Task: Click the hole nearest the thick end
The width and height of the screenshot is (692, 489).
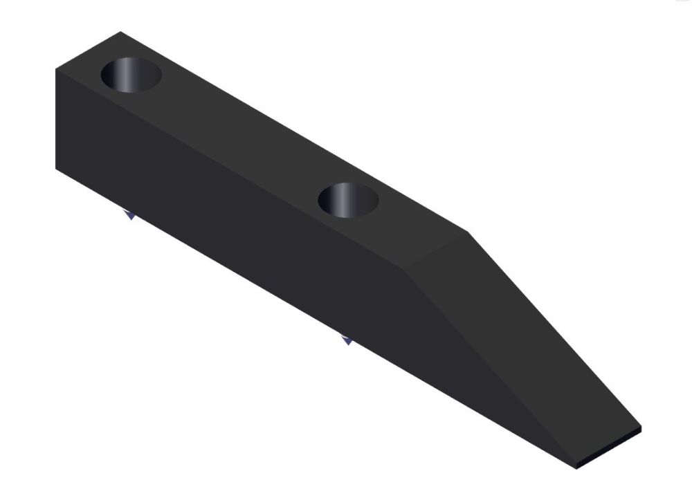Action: pos(131,75)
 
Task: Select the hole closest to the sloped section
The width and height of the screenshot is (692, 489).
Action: pos(348,199)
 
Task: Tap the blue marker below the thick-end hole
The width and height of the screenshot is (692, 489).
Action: pos(129,216)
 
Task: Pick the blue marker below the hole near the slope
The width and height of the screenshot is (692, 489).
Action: pos(347,340)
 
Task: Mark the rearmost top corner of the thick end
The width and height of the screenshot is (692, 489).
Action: pos(120,32)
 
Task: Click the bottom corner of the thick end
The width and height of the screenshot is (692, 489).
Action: pos(57,168)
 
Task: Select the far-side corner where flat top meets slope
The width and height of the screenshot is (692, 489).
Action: pos(469,232)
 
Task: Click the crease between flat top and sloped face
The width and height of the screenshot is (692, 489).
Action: pos(439,250)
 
